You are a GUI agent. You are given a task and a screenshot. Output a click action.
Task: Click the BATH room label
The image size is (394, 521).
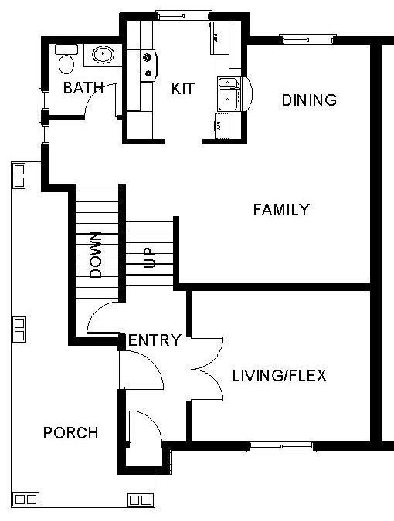click(x=83, y=88)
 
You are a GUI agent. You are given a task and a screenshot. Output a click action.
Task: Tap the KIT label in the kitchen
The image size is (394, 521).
click(x=183, y=89)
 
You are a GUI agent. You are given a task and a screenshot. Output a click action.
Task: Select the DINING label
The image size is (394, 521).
click(x=309, y=100)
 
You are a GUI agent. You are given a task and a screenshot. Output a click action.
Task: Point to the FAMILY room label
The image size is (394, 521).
click(x=281, y=210)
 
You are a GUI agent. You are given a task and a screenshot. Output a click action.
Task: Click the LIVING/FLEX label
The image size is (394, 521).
click(x=280, y=375)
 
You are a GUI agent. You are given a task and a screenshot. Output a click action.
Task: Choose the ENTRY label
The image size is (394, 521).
click(x=155, y=340)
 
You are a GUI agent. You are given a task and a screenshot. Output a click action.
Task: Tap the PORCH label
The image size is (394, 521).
click(x=71, y=432)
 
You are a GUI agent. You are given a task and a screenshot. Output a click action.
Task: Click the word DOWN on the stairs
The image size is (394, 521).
click(x=96, y=255)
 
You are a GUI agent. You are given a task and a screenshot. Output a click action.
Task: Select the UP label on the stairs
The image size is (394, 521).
click(x=149, y=258)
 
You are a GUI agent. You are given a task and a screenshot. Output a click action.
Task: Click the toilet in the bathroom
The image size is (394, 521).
click(x=66, y=59)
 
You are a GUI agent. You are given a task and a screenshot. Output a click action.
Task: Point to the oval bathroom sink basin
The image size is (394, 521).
click(x=103, y=54)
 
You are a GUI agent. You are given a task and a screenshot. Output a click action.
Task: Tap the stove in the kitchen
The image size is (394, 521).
click(x=148, y=66)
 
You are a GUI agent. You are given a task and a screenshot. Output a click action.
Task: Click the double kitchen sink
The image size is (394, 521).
click(x=229, y=93)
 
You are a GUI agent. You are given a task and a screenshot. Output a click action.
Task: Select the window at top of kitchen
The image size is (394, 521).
click(x=184, y=15)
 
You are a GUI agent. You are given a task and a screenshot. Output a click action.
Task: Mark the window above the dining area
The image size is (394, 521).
click(x=307, y=39)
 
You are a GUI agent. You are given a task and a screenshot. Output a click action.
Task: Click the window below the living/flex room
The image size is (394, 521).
click(x=281, y=447)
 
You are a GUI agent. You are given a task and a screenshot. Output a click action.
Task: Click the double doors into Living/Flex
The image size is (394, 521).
click(x=207, y=369)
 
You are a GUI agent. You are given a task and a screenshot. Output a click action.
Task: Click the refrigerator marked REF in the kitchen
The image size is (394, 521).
click(x=219, y=38)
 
